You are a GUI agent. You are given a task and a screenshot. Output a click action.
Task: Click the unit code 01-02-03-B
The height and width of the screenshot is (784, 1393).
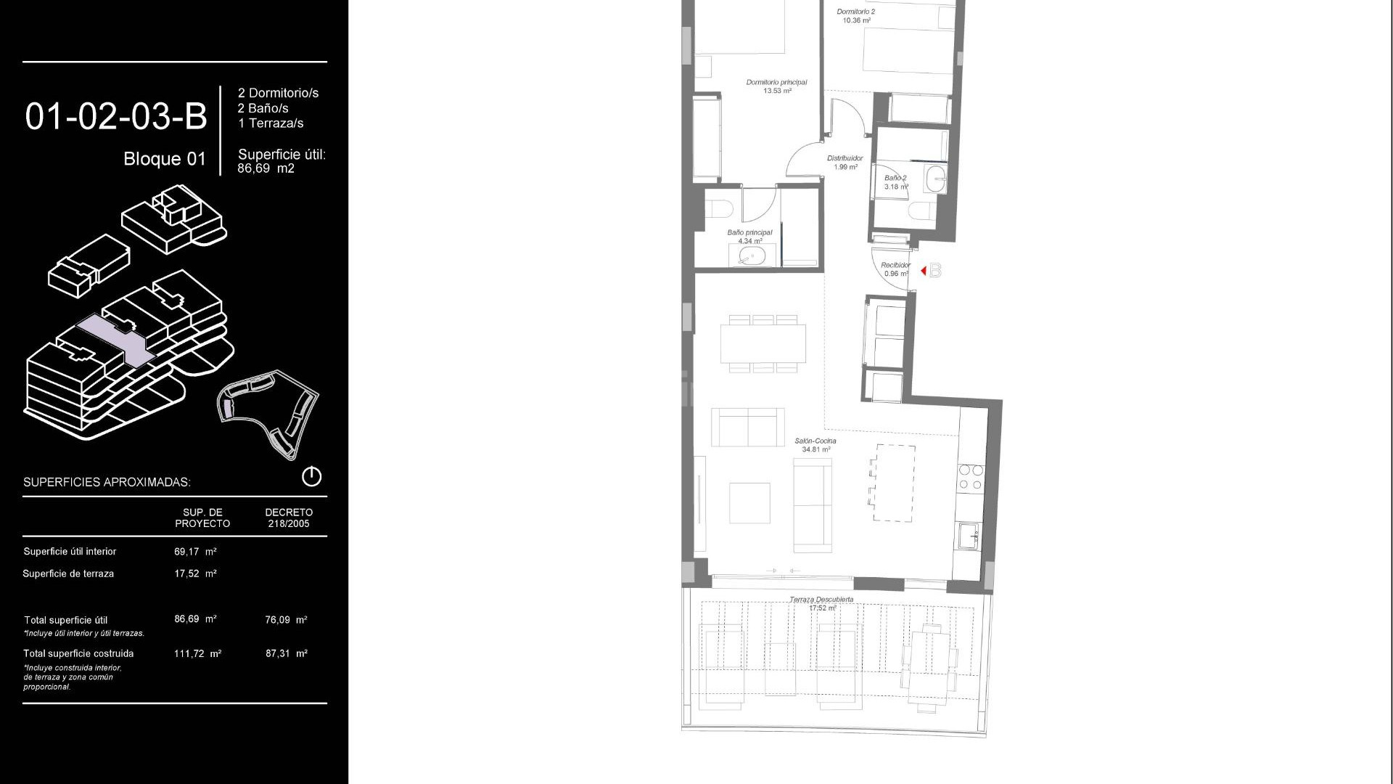pos(116,116)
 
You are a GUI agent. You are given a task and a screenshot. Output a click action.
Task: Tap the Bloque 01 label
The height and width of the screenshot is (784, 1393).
pos(165,159)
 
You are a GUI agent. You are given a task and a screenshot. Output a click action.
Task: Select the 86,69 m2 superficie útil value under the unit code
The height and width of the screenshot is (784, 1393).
pos(266,168)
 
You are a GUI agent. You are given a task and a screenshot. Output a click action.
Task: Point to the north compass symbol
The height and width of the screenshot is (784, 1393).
pos(311,477)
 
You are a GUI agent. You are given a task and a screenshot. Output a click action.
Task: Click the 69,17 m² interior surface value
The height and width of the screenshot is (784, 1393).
pos(195,552)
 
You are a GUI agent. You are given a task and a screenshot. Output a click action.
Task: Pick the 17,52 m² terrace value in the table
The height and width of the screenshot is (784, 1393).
pos(195,573)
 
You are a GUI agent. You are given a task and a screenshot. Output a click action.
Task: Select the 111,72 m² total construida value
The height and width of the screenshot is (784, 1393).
pos(197,654)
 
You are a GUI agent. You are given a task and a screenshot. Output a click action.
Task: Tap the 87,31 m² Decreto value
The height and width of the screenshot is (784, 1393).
pos(287,654)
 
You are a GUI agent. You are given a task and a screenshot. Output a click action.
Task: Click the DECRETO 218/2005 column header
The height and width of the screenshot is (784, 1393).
pos(289,518)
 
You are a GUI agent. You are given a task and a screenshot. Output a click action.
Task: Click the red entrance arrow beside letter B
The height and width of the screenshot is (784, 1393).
pos(924,271)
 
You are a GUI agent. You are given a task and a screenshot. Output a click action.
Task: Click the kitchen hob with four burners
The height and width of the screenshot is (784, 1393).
pos(970,478)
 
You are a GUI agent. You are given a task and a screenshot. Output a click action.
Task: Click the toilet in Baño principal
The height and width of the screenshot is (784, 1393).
pos(718,209)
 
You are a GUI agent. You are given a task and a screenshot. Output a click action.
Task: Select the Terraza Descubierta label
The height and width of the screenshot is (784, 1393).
pos(821,600)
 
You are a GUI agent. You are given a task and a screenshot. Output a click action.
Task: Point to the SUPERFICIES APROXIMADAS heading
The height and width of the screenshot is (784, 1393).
pos(107,483)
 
